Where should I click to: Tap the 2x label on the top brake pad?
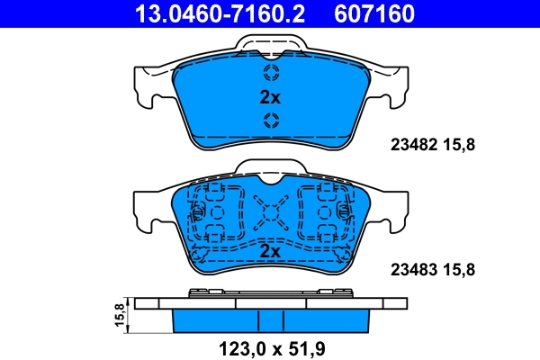(270, 97)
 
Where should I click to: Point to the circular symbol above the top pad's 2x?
(270, 73)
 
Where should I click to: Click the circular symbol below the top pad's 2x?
(270, 121)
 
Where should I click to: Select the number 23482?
(410, 142)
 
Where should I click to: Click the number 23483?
(410, 268)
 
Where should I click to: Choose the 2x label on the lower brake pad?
(270, 253)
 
